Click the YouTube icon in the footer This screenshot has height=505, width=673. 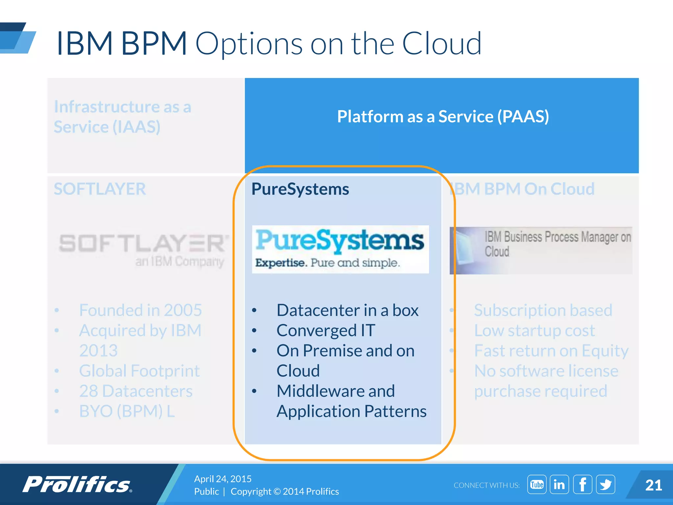coord(537,484)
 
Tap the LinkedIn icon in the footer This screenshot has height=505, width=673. coord(559,484)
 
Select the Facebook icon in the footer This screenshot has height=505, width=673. coord(583,484)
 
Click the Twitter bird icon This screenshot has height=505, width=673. coord(606,484)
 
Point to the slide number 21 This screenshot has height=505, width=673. coord(653,485)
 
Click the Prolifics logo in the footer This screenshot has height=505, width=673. coord(77,484)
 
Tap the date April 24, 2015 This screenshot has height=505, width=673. coord(223,479)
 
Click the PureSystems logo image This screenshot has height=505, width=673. coord(340,249)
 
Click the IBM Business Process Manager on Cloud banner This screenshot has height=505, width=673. coord(541,250)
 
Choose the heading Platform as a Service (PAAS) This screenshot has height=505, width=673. coord(443,116)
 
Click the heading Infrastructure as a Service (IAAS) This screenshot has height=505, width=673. coord(123,117)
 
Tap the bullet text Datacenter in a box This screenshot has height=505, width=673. coord(348,310)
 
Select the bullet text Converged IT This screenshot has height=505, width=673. coord(326,330)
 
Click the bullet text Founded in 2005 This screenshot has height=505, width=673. coord(141,310)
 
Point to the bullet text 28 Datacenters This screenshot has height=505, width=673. coord(136,391)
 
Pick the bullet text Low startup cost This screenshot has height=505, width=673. coord(534,330)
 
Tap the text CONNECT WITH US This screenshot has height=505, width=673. coord(487,485)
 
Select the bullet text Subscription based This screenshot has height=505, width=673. coord(543,310)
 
